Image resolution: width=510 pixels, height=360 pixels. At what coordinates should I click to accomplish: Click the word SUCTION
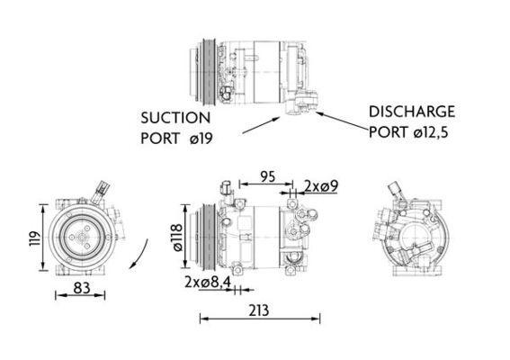[x=174, y=118]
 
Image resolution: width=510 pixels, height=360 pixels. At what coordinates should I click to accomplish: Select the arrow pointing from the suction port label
[x=260, y=126]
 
